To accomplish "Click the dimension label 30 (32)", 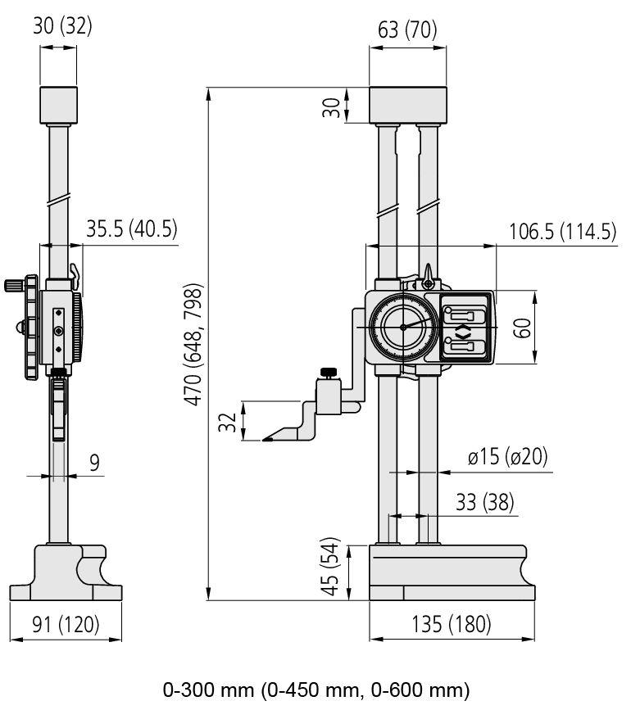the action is tap(62, 26).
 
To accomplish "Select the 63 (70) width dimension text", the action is tap(407, 29).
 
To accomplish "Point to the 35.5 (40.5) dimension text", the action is tap(131, 228).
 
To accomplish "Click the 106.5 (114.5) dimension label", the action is tap(563, 232).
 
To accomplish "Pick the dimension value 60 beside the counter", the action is tap(523, 328).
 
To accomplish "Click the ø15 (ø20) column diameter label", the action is tap(508, 456).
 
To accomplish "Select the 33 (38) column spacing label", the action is tap(484, 502).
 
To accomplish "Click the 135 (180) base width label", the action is tap(452, 624).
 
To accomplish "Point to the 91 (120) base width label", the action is tap(66, 624).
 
